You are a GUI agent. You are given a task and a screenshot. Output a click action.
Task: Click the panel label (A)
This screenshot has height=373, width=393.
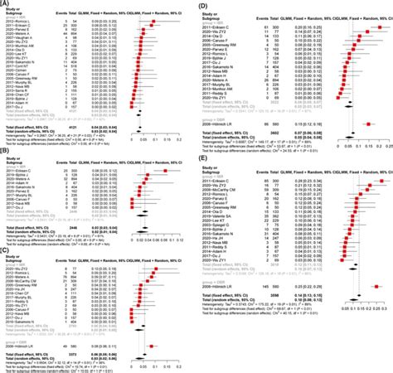tap(7, 4)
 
